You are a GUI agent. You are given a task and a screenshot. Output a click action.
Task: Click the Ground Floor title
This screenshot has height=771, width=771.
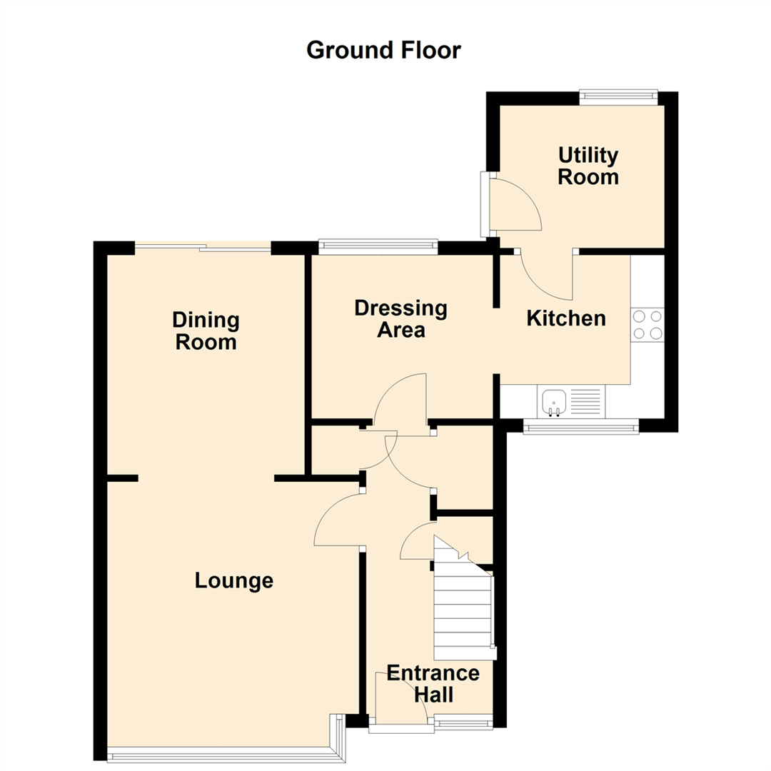[x=384, y=51]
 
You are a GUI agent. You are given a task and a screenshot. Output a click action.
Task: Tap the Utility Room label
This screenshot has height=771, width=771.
[x=588, y=166]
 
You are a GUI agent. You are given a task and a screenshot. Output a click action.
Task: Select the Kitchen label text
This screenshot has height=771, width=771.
[x=565, y=318]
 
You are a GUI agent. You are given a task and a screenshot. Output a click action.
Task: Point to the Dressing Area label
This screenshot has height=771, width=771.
[x=400, y=319]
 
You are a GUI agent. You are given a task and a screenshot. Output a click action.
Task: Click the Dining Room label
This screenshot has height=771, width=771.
[x=206, y=331]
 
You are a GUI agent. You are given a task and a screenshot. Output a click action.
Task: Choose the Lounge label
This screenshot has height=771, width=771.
[x=234, y=581]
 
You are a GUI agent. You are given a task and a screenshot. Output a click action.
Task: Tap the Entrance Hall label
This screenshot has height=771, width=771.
[x=433, y=683]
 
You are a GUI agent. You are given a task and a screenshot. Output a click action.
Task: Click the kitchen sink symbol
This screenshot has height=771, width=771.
[x=553, y=402]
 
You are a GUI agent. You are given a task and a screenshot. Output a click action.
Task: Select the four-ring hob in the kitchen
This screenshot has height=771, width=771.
[x=647, y=324]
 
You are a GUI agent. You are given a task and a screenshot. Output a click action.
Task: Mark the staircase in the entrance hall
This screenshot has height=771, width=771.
[x=463, y=607]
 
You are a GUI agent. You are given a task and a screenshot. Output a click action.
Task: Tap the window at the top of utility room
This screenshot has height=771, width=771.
[x=618, y=98]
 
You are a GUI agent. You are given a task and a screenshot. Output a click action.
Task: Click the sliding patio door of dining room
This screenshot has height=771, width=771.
[x=203, y=248]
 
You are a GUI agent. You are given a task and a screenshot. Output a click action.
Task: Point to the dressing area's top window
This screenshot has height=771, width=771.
[x=378, y=246]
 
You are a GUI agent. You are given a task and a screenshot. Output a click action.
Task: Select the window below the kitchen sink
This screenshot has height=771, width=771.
[x=580, y=428]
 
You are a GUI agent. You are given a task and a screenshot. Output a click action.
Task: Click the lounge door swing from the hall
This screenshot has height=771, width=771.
[x=337, y=521]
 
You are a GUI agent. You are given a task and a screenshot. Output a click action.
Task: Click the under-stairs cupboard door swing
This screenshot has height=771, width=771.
[x=417, y=542]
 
